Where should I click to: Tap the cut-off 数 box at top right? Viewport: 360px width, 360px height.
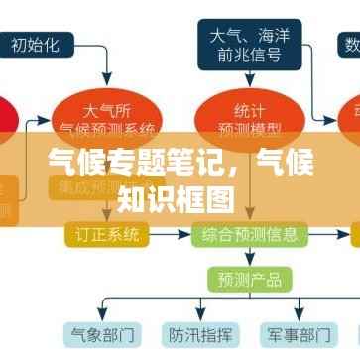[x=351, y=44]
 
